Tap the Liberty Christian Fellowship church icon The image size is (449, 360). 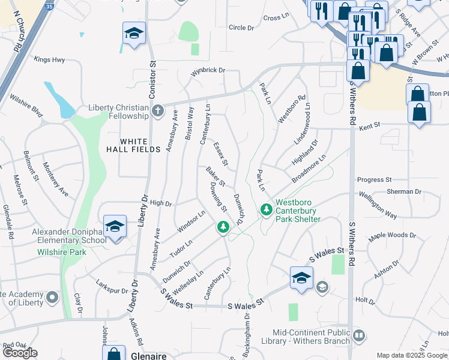pyautogui.click(x=157, y=111)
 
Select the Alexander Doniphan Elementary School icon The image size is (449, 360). pyautogui.click(x=115, y=226)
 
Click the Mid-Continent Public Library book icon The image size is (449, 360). pyautogui.click(x=359, y=335)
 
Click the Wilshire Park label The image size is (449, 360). pyautogui.click(x=62, y=252)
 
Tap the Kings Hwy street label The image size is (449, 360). pyautogui.click(x=49, y=59)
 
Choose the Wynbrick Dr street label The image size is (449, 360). pyautogui.click(x=208, y=71)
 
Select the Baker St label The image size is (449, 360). pyautogui.click(x=215, y=176)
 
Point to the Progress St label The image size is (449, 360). pyautogui.click(x=374, y=179)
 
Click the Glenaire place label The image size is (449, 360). pyautogui.click(x=149, y=356)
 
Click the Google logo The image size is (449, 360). pyautogui.click(x=20, y=353)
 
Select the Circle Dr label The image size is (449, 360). pyautogui.click(x=242, y=28)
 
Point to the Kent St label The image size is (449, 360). pyautogui.click(x=370, y=126)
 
